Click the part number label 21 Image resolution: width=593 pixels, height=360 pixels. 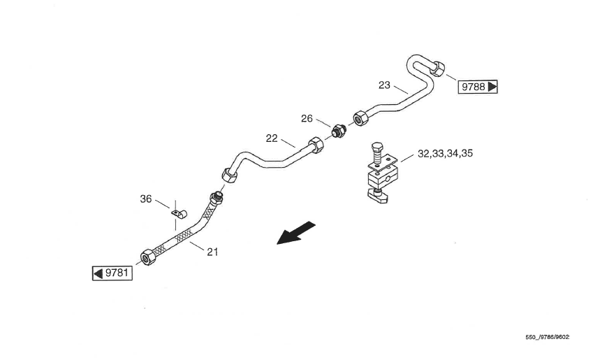212,252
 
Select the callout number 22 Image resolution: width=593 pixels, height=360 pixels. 272,138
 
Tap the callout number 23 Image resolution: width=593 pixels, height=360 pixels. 384,85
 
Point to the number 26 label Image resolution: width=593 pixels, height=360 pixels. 307,119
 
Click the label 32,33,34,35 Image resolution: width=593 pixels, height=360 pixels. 445,153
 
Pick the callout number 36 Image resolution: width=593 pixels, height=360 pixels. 145,199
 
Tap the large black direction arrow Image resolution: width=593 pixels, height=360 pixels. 296,233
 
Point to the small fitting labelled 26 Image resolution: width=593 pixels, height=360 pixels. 339,130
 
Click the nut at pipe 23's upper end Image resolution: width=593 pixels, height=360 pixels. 437,68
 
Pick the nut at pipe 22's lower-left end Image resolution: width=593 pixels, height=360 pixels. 229,173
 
